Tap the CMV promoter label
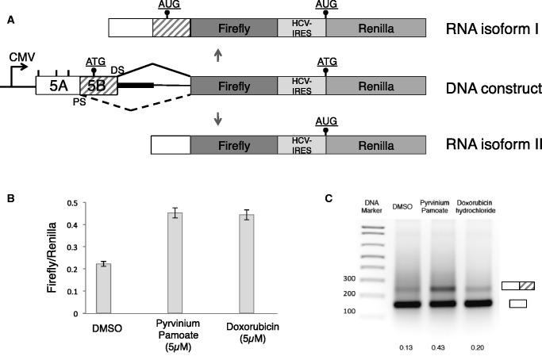pyautogui.click(x=21, y=58)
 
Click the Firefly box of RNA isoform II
pyautogui.click(x=233, y=145)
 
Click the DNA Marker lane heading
pyautogui.click(x=371, y=205)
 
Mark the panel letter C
pyautogui.click(x=329, y=197)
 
